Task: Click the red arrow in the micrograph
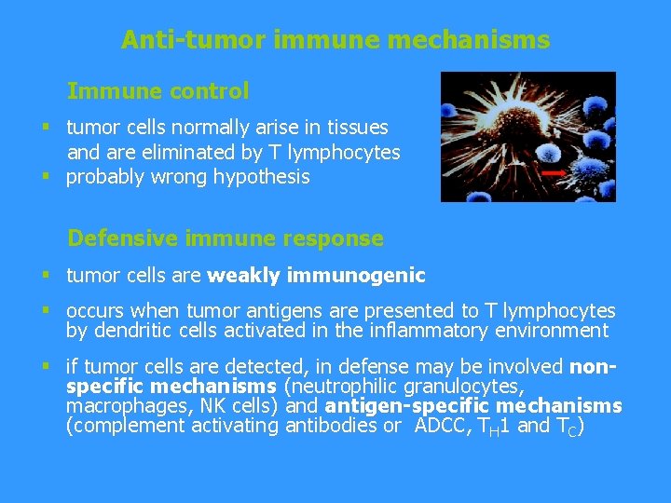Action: (553, 173)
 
